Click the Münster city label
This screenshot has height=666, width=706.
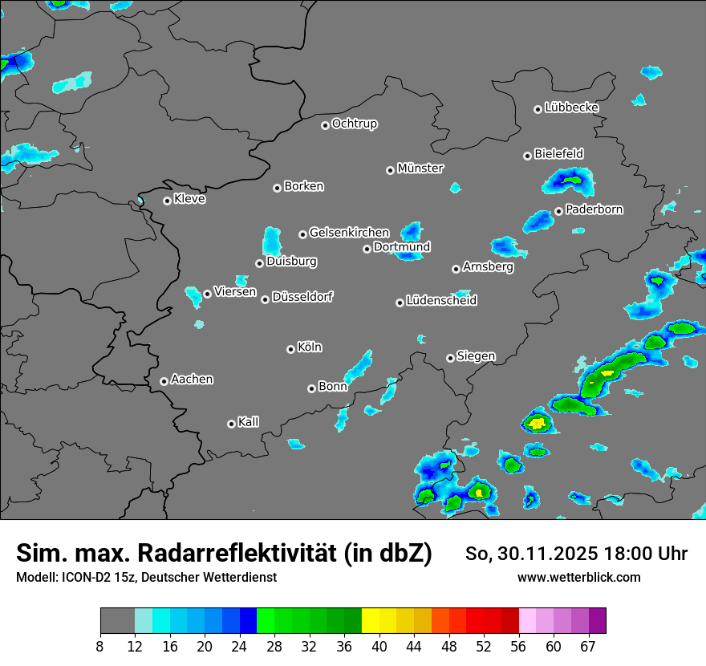420,169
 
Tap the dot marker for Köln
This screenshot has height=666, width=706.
290,349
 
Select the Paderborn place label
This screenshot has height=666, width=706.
594,210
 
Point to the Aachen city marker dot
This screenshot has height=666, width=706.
164,381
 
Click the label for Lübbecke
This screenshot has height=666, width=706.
572,108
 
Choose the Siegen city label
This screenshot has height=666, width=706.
476,356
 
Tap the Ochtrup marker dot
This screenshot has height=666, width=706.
325,125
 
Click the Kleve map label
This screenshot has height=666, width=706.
190,199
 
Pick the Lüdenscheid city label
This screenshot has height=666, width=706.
442,301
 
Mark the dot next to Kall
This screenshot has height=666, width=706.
231,424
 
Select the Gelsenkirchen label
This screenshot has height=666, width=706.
350,233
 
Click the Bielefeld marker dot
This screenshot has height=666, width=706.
527,156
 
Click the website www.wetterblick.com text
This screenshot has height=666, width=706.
579,578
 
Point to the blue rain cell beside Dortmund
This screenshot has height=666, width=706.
412,231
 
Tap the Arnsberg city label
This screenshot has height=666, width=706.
488,267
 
